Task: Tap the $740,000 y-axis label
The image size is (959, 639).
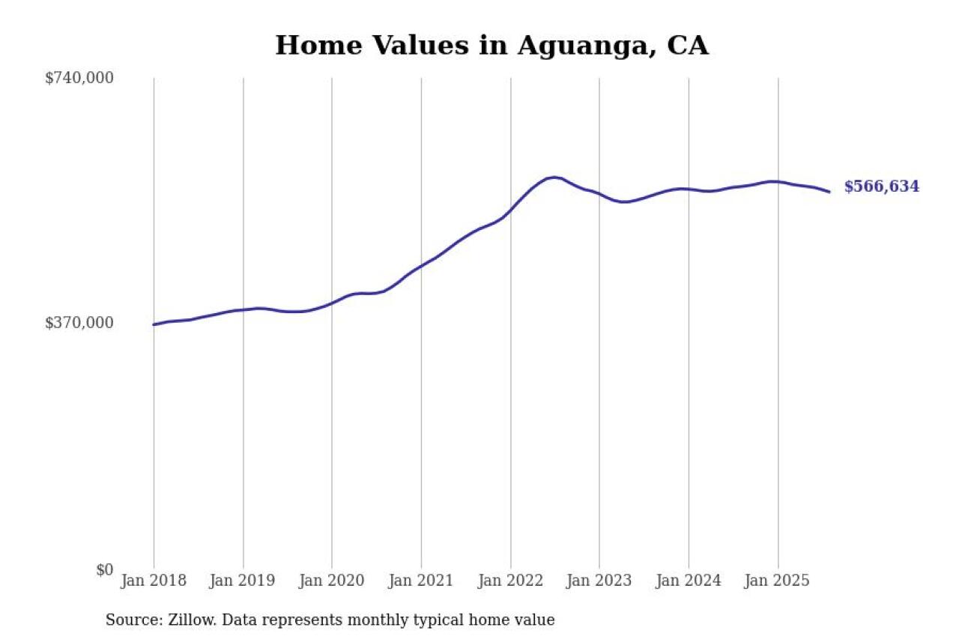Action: pos(79,78)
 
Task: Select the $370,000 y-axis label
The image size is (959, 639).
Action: pos(79,323)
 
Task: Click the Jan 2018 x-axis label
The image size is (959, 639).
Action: pos(154,581)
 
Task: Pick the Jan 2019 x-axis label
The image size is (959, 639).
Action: pos(243,581)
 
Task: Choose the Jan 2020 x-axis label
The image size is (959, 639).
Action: pos(332,581)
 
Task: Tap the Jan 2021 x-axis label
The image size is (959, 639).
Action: pos(421,581)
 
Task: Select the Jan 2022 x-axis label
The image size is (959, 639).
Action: pos(510,581)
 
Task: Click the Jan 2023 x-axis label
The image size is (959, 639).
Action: pos(599,581)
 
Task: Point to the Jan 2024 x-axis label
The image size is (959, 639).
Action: pos(689,581)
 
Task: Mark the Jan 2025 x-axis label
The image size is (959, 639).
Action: pos(778,581)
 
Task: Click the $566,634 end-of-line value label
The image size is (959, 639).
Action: pos(881,187)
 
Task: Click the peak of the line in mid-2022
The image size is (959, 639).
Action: pos(554,178)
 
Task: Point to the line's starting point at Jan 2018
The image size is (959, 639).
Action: pos(154,324)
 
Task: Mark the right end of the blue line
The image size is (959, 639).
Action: pos(829,192)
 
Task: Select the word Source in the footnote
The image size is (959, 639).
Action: pos(130,620)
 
